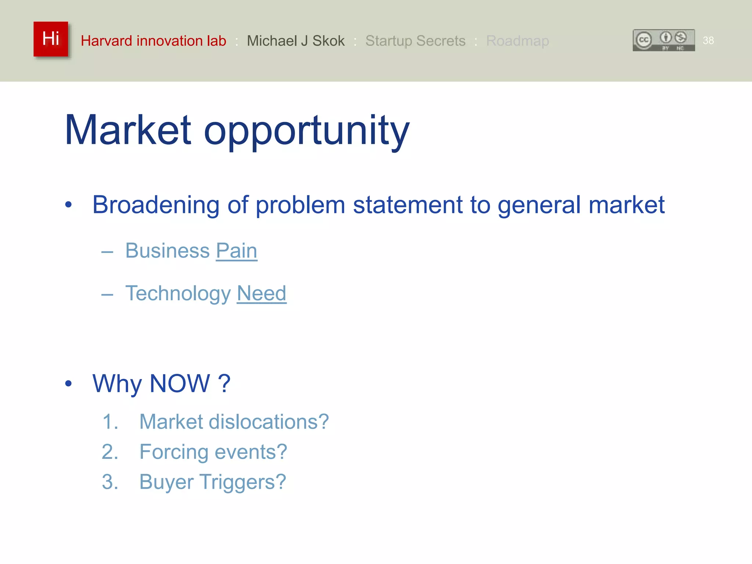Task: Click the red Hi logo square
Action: click(51, 39)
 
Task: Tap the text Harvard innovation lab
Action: click(153, 41)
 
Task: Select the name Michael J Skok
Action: click(296, 41)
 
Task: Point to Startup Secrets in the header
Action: click(415, 41)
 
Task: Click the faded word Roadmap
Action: click(517, 41)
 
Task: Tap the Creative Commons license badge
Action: click(664, 40)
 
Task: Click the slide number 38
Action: click(708, 40)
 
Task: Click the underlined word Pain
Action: click(236, 251)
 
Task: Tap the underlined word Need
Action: click(261, 293)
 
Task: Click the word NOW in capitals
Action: click(180, 383)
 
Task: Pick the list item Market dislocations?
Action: click(234, 422)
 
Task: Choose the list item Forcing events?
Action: click(213, 452)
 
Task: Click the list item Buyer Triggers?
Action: click(213, 482)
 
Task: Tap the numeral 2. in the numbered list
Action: click(110, 452)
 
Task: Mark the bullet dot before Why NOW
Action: click(68, 384)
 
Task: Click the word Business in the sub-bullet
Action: click(167, 251)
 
